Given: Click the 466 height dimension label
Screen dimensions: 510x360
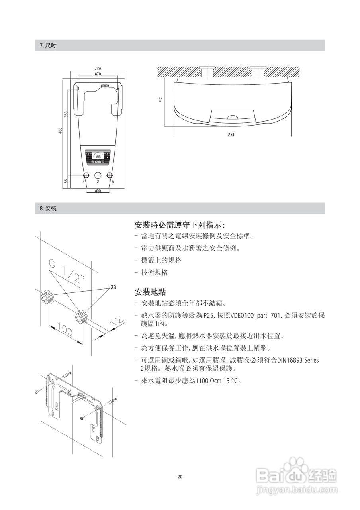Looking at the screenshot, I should [61, 131].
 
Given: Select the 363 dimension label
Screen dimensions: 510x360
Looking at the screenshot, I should [66, 114].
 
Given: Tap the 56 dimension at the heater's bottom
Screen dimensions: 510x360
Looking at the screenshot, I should [66, 181].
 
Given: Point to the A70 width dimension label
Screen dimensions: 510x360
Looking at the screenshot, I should [98, 74].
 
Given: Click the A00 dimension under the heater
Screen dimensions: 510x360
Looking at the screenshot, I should [98, 191].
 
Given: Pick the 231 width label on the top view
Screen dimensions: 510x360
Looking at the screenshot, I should [231, 135].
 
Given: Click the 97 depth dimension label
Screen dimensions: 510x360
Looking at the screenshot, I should [161, 99].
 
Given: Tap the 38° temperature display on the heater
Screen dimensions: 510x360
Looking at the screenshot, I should [98, 157].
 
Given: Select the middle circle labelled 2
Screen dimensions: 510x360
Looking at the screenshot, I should [98, 175].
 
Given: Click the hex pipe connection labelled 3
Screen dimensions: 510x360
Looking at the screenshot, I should [86, 175].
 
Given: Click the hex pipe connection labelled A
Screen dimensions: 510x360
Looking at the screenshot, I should [110, 175].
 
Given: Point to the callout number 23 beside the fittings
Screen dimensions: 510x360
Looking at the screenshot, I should [113, 287].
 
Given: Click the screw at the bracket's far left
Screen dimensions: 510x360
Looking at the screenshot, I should [36, 392].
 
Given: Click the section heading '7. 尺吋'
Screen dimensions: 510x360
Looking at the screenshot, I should [48, 45].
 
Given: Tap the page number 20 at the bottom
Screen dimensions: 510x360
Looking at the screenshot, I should [180, 477].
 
